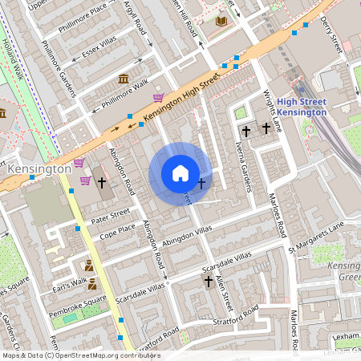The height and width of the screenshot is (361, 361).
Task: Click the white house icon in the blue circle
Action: tap(180, 173)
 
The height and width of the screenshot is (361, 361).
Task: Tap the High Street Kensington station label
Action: tap(301, 107)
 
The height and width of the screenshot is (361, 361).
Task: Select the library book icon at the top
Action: tap(222, 21)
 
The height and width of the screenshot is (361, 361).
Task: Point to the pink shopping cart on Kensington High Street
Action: tap(159, 98)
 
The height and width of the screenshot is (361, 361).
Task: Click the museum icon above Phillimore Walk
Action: tap(123, 78)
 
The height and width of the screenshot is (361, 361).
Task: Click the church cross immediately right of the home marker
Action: tap(201, 185)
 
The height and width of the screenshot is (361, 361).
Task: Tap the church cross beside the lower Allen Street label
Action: tap(209, 282)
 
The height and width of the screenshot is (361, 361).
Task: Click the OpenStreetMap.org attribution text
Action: tap(104, 355)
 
